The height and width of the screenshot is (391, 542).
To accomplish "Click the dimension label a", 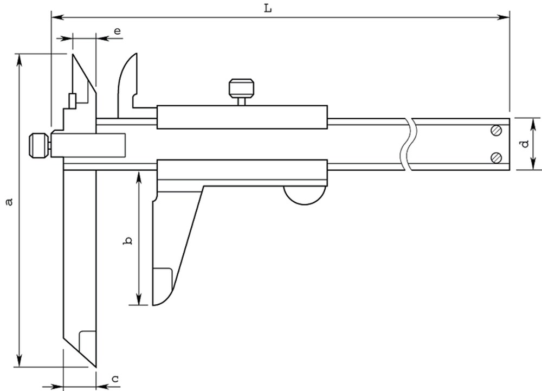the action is (x=10, y=201).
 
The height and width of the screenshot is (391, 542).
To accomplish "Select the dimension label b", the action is (x=127, y=241).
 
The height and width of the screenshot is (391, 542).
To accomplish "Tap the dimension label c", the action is (x=115, y=379).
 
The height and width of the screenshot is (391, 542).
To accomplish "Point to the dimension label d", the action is (x=525, y=143).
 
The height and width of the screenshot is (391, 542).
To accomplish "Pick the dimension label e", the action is (x=118, y=31).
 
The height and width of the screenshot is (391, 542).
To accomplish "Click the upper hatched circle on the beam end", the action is (x=496, y=130).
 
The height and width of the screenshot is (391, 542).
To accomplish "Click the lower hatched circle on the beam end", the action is (x=496, y=158).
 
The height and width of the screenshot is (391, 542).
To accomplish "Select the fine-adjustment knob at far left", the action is (x=38, y=145).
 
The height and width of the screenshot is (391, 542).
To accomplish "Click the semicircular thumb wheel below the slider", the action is (x=305, y=195).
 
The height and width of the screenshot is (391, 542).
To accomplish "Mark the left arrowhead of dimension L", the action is (x=58, y=17).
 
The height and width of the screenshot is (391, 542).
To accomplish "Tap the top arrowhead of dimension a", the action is (x=20, y=60).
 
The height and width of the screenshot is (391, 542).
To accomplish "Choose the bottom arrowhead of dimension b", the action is (x=139, y=298).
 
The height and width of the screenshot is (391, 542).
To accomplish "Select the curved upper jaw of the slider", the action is (x=127, y=81).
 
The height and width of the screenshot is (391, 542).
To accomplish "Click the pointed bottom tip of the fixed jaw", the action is (x=95, y=367).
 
